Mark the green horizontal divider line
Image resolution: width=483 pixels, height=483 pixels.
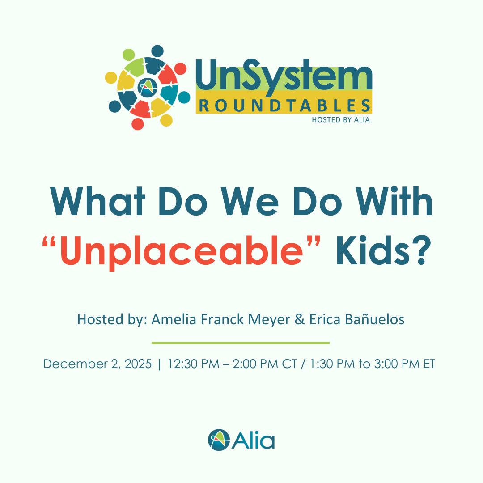point(241,343)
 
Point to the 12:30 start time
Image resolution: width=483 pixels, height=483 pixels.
point(183,364)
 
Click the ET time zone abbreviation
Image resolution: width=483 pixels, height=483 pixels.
point(428,364)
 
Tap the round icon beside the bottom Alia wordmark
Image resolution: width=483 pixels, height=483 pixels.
point(218,440)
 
